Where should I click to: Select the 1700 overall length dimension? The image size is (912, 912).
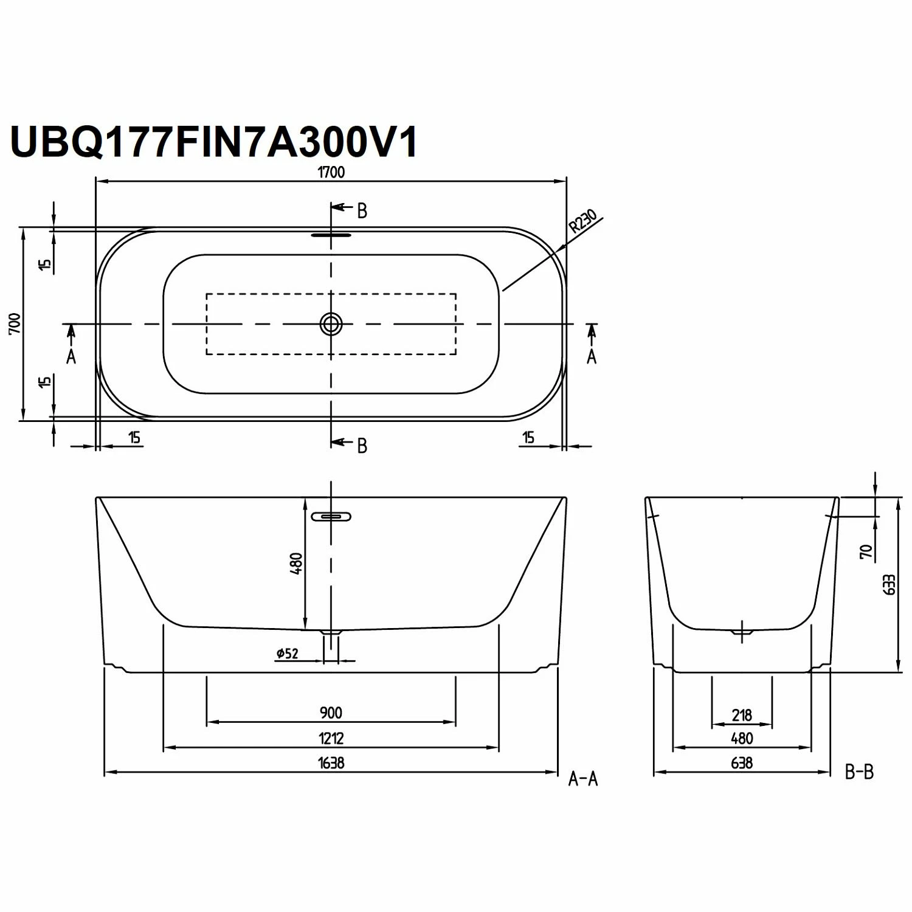(x=331, y=172)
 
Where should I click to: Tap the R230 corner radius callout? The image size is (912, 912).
(x=583, y=221)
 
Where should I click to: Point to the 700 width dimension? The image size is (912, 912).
(x=15, y=323)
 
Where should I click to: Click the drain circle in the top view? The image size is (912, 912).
(x=331, y=324)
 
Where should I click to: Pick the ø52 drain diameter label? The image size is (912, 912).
(x=287, y=653)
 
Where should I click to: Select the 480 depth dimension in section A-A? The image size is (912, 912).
(x=296, y=564)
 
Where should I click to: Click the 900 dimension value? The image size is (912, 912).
(x=331, y=712)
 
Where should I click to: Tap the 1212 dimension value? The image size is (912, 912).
(x=331, y=738)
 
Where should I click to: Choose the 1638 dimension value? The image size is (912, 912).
(x=331, y=762)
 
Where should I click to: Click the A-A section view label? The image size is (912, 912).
(x=582, y=779)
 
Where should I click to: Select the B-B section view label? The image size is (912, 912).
(x=859, y=772)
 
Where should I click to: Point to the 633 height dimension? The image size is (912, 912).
(x=889, y=585)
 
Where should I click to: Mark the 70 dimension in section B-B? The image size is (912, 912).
(x=866, y=551)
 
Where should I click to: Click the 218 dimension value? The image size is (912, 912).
(x=742, y=715)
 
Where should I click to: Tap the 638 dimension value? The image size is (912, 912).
(x=742, y=762)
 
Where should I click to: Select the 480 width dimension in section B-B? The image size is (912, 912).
(x=742, y=738)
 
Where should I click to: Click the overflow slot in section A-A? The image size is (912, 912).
(x=331, y=517)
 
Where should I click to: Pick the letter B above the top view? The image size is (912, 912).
(x=362, y=211)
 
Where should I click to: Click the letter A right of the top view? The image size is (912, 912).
(x=592, y=356)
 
